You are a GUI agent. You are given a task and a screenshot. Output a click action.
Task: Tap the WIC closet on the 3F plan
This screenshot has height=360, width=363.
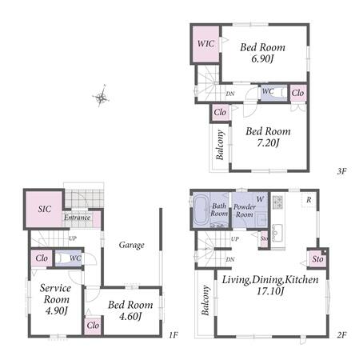tap(205, 44)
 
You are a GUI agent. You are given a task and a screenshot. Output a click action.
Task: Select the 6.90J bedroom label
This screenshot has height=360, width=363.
tap(262, 53)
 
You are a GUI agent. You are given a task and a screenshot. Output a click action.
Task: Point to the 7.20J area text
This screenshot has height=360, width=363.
tap(268, 143)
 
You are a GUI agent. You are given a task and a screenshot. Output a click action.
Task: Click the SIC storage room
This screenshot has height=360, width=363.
tap(44, 209)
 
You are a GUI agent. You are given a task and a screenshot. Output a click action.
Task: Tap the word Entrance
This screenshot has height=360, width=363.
tap(77, 218)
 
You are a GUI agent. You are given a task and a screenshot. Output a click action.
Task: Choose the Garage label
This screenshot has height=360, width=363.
tap(131, 245)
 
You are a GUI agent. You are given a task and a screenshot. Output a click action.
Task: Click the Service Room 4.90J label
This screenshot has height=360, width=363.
tap(56, 299)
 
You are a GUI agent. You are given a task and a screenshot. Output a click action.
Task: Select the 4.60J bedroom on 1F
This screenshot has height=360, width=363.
tap(130, 310)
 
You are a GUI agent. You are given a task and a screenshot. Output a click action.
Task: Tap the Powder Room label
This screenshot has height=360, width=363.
tap(245, 210)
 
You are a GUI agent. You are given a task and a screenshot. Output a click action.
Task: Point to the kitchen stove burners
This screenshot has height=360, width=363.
tap(277, 202)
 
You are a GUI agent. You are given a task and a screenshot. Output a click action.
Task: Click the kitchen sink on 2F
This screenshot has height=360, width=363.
tap(277, 233)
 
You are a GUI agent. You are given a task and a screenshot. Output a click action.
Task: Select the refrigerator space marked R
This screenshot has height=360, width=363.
tap(309, 199)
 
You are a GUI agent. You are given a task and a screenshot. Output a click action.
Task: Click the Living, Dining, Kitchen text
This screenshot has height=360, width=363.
tap(270, 280)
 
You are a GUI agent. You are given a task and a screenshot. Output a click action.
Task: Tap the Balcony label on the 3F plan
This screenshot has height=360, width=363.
tap(220, 145)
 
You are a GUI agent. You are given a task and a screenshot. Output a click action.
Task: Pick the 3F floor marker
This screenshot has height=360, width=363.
tap(341, 171)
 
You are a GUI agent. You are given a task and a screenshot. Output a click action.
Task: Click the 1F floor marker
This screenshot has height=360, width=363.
tap(174, 334)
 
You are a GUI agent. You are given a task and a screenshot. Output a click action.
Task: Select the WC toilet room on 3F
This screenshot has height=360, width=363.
tap(273, 93)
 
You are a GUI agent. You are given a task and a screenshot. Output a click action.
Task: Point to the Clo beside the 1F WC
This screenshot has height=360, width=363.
tap(42, 258)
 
